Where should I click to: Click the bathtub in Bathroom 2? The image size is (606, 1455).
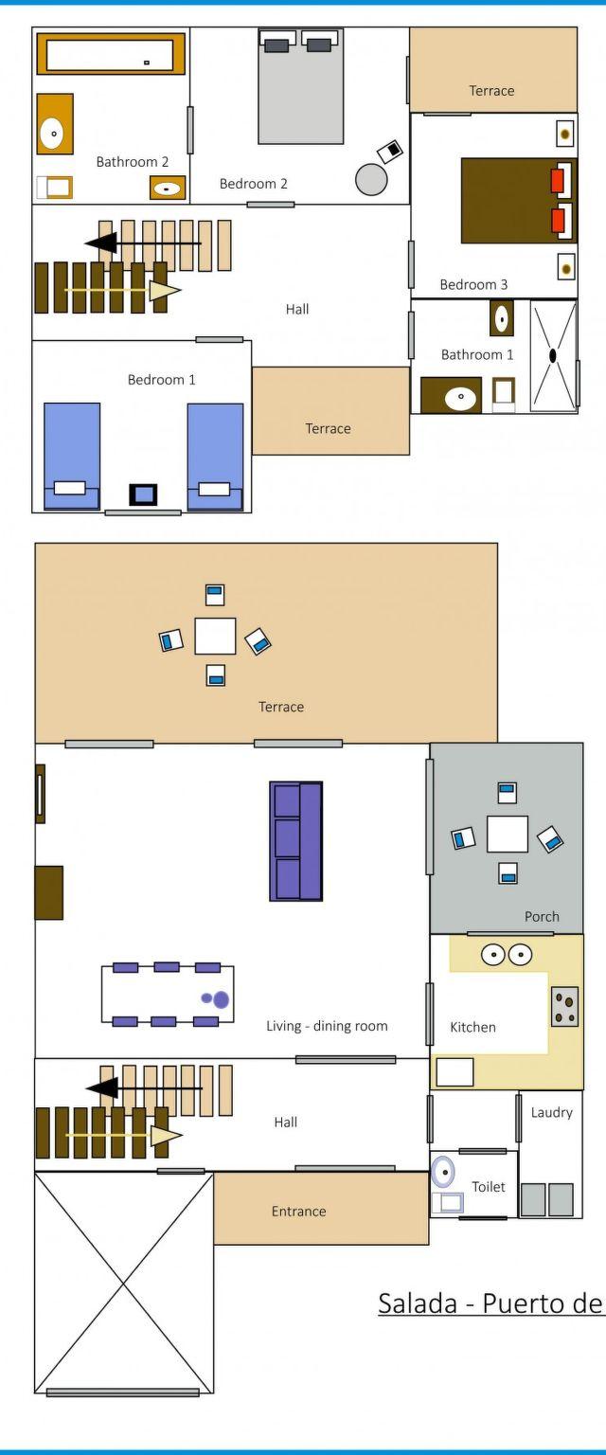tap(111, 54)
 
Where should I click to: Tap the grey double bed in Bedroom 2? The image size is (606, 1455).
tap(301, 86)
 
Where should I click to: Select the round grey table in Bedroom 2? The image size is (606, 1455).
tap(371, 179)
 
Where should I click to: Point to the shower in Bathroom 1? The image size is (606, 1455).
tap(553, 355)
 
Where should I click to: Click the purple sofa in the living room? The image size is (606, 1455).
tap(296, 841)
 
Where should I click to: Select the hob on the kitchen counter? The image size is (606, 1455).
tap(564, 1007)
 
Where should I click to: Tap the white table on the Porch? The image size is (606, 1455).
tap(508, 834)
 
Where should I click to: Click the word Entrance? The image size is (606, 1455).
tap(299, 1212)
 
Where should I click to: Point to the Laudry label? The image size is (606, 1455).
tap(551, 1113)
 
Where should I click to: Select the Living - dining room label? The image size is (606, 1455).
tap(327, 1026)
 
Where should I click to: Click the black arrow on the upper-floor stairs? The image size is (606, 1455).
tap(143, 243)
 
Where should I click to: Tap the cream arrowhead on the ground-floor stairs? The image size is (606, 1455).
tap(166, 1136)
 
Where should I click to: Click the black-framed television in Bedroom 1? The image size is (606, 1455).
tap(143, 494)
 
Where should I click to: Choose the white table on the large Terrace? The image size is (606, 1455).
tap(215, 636)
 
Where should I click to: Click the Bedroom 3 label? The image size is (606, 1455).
tap(473, 284)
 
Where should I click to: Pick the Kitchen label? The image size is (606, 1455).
tap(472, 1027)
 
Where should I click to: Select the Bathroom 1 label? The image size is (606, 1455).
tap(477, 354)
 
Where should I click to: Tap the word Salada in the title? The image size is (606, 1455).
tap(418, 1303)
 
